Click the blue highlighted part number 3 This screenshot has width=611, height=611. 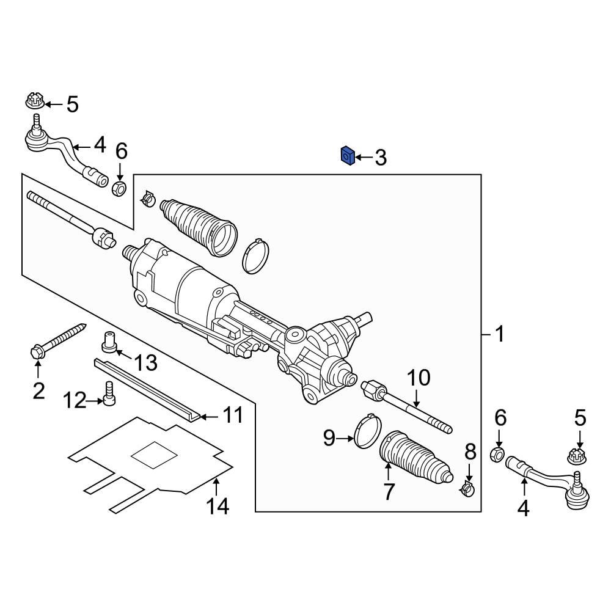347,156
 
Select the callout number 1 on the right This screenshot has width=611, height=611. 499,334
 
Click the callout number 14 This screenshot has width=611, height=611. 217,505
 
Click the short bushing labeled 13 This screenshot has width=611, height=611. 109,341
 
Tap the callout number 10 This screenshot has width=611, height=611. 419,378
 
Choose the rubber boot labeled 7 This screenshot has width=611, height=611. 415,461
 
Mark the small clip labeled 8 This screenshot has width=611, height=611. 467,488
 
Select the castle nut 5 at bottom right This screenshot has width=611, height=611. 576,456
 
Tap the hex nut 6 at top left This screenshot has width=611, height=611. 120,187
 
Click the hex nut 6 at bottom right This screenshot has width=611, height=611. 499,454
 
